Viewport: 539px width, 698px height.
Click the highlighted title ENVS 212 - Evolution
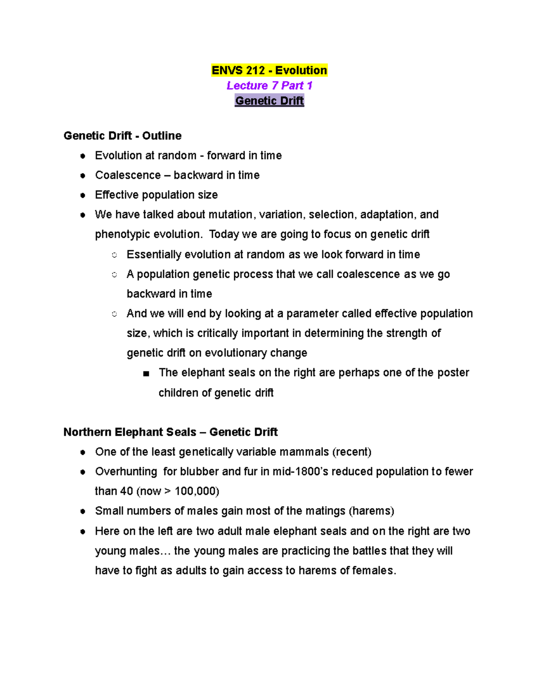[269, 71]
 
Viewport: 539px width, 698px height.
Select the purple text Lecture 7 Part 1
[269, 85]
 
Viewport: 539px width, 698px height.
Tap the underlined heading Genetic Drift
[269, 101]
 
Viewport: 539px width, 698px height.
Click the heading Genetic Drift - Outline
[123, 136]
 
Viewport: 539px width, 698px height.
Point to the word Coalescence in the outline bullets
[128, 175]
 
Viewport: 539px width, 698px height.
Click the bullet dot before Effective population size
[83, 196]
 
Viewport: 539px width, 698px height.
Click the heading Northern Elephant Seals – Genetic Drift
[171, 432]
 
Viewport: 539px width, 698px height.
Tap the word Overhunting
[126, 471]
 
